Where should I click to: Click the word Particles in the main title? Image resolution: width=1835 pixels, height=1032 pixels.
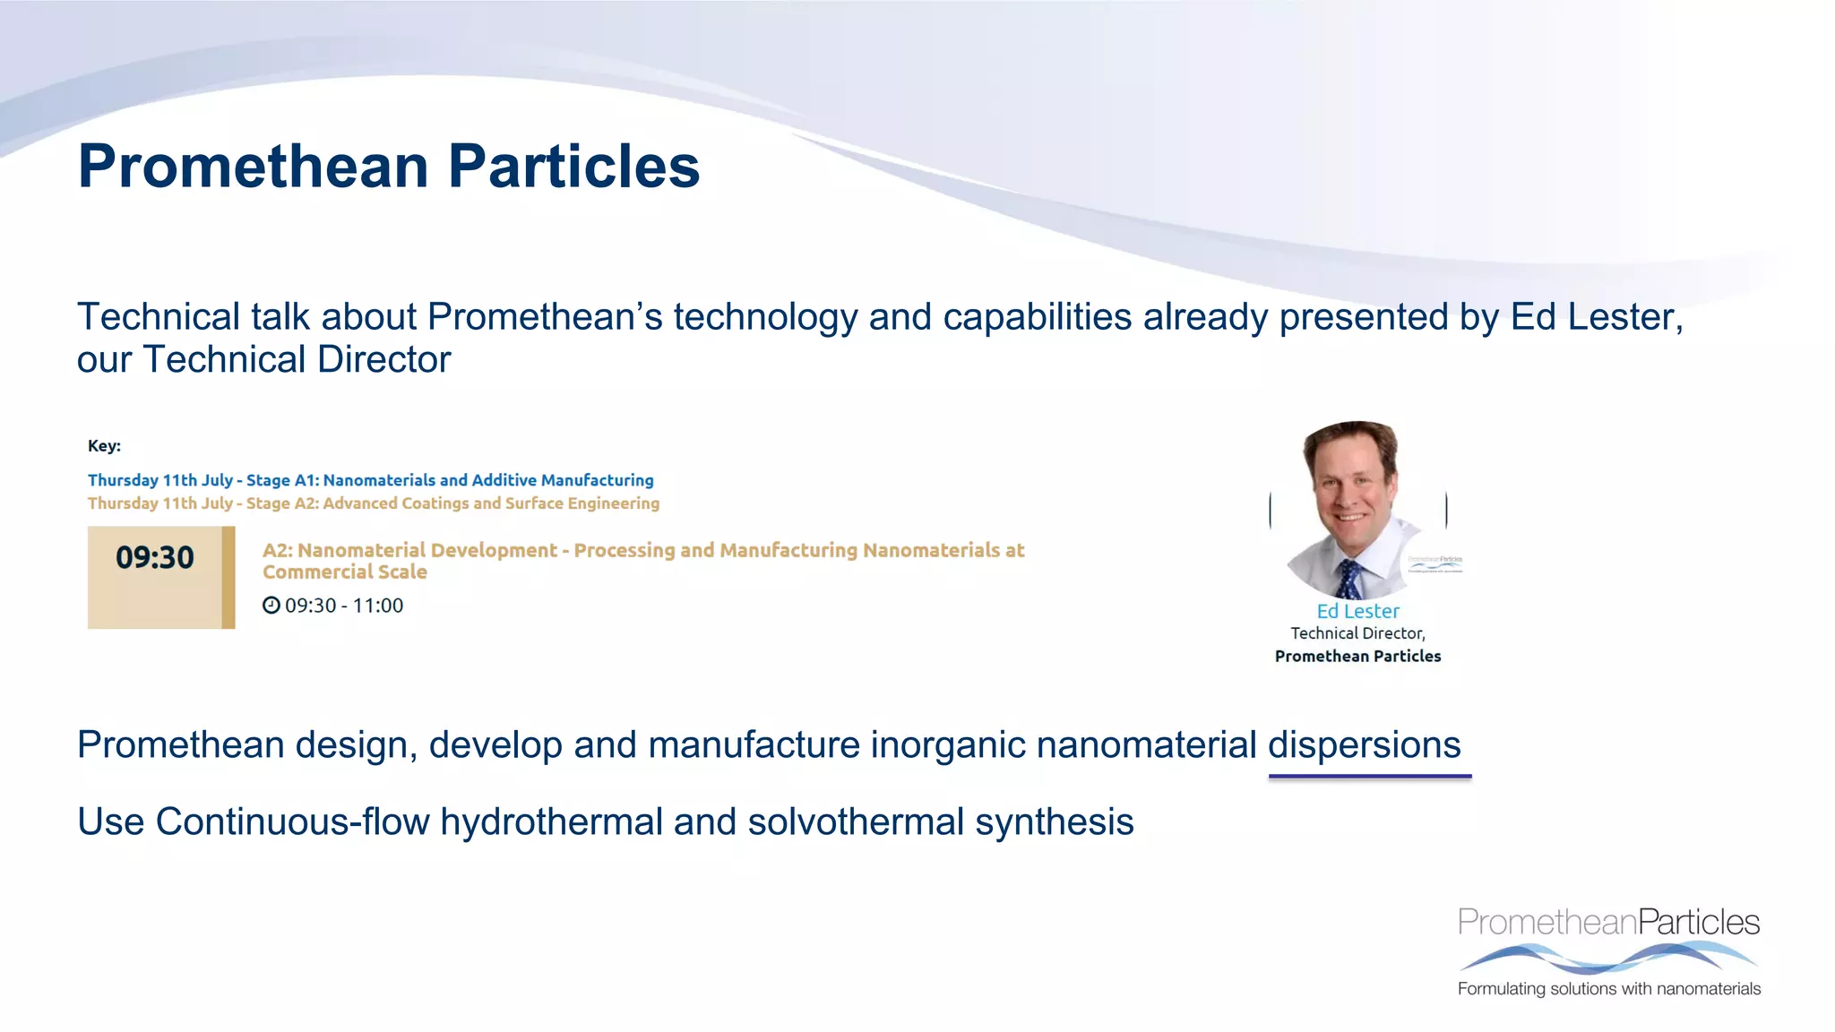click(573, 167)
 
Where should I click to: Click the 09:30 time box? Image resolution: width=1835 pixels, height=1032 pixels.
click(155, 576)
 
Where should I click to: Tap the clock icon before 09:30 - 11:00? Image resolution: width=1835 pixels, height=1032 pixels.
click(271, 606)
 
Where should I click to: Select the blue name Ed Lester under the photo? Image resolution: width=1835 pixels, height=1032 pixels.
click(1357, 611)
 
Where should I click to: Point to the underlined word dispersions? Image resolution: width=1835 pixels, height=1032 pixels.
click(1364, 745)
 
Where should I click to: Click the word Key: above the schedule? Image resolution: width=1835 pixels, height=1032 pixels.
click(104, 446)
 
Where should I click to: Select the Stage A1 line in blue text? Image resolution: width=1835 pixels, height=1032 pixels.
click(370, 480)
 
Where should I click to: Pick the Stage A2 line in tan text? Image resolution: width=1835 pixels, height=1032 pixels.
click(373, 503)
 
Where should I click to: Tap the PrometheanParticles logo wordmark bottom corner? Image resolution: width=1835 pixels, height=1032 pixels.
click(1608, 922)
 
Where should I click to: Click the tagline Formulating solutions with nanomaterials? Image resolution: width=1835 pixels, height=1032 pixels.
click(1608, 989)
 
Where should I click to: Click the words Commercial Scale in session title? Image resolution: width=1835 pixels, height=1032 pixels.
click(344, 572)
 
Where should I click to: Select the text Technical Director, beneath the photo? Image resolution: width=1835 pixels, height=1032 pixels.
click(1357, 633)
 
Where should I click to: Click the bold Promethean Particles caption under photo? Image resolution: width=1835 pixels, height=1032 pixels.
click(1357, 657)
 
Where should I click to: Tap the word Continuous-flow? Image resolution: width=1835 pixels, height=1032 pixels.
click(292, 822)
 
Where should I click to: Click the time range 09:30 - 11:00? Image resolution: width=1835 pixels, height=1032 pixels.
click(344, 606)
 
